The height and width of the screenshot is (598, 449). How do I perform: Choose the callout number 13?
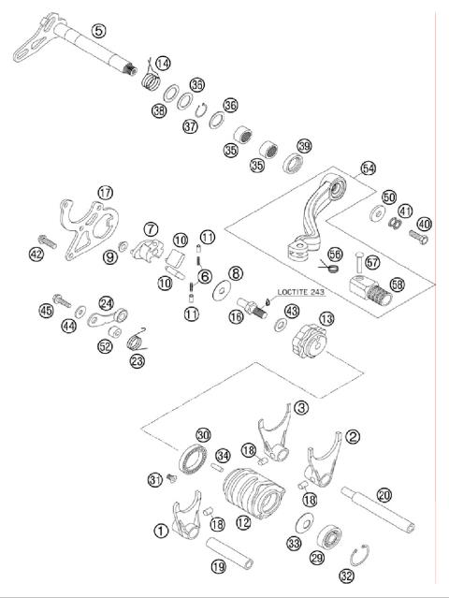pyautogui.click(x=326, y=319)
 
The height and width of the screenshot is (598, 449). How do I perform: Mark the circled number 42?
pyautogui.click(x=36, y=254)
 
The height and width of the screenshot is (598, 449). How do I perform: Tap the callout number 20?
pyautogui.click(x=384, y=495)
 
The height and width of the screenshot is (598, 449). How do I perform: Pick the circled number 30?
pyautogui.click(x=203, y=433)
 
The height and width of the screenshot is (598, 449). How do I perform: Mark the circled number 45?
pyautogui.click(x=44, y=311)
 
